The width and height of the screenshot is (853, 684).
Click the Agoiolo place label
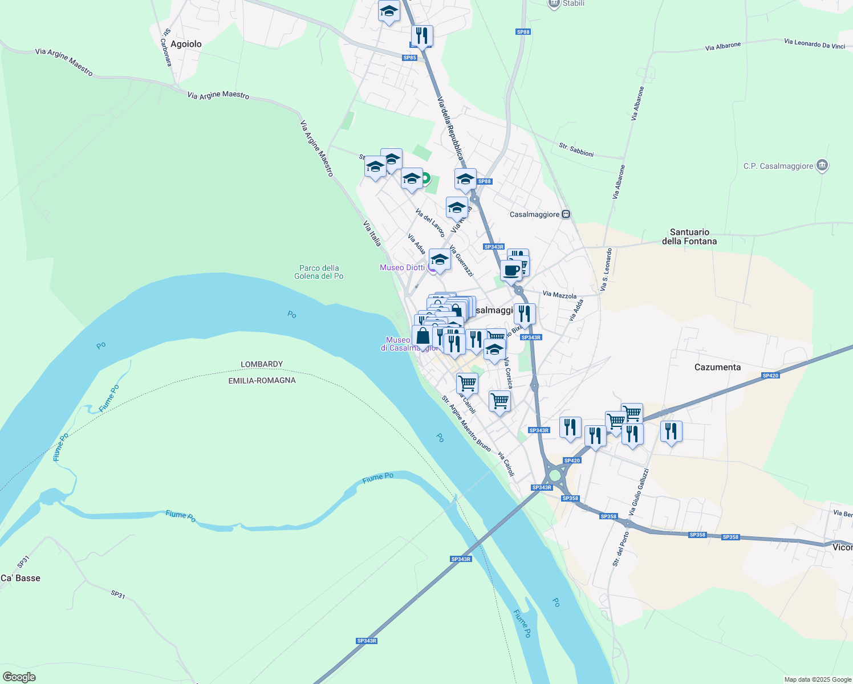186,44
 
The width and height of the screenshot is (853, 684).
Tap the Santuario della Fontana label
689,237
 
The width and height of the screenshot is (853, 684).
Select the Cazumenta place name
717,367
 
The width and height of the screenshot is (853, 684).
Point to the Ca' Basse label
21,578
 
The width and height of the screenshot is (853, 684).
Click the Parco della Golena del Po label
319,272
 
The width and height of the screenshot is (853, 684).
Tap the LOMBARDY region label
262,364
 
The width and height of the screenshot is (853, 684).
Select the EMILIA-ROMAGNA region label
262,380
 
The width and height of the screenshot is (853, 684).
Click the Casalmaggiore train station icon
566,214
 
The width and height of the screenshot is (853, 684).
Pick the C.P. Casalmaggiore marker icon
822,166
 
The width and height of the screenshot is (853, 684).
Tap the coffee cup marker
511,270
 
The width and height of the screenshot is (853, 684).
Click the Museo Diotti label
402,267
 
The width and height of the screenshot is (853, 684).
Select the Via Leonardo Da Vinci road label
814,43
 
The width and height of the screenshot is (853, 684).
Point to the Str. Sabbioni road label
576,150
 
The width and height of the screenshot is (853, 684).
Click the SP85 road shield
409,58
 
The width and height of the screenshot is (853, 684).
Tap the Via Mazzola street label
559,295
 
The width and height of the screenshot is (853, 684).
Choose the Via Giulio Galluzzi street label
639,492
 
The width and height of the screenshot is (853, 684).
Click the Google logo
19,677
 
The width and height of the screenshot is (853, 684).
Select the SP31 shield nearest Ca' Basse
23,562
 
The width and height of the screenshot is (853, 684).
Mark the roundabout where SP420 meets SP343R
555,475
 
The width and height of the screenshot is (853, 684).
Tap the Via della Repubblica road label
450,128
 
